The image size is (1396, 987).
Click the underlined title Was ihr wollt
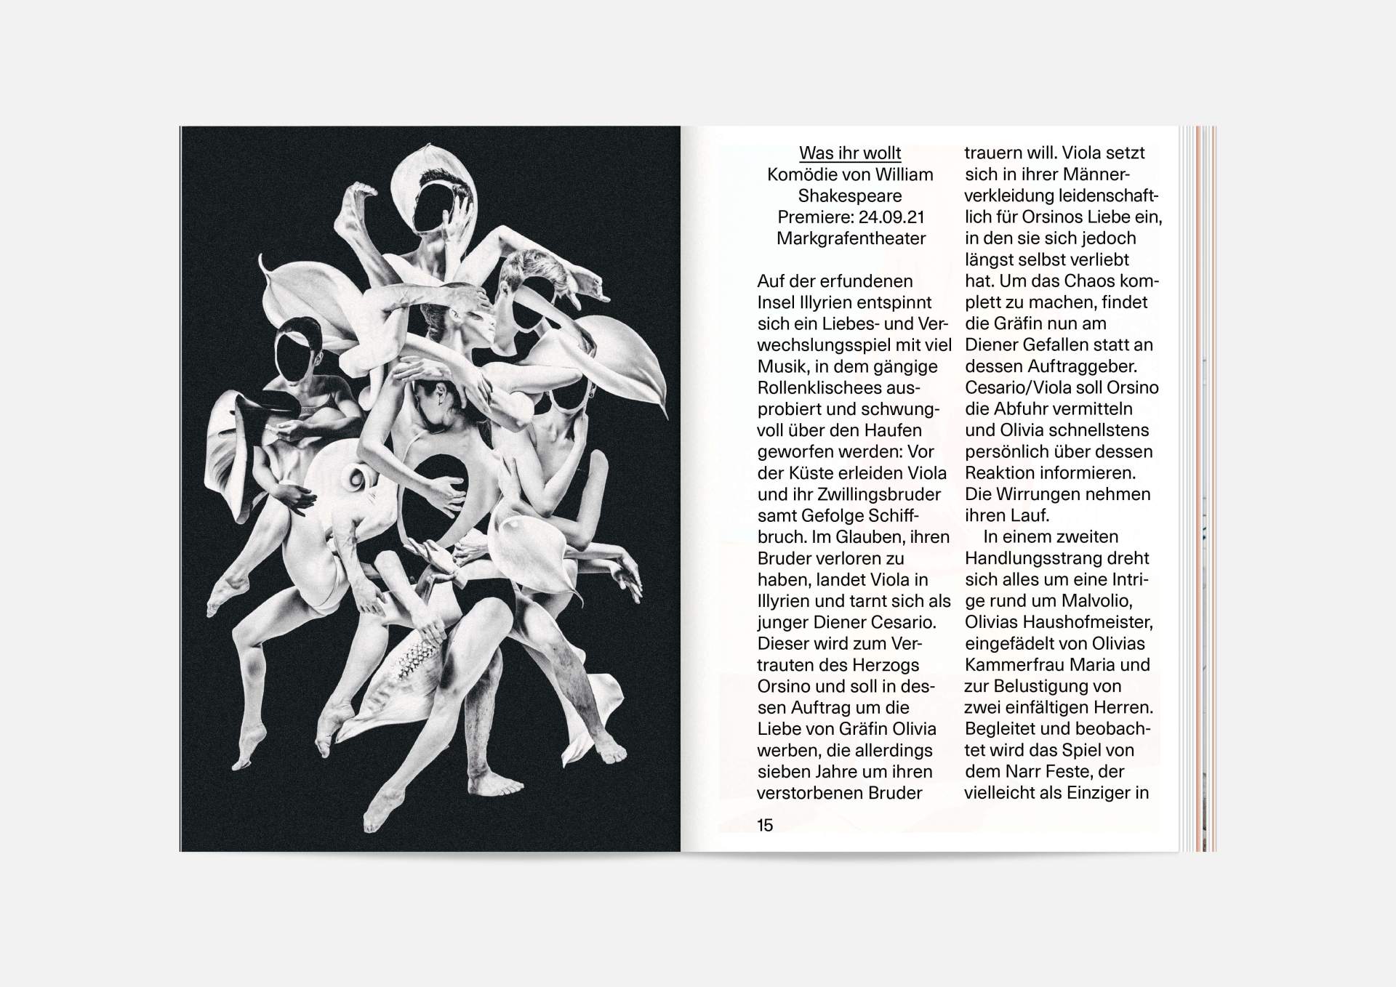pos(850,153)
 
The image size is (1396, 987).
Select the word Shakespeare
pos(850,196)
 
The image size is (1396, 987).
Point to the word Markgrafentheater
pos(851,238)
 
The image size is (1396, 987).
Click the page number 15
pos(765,825)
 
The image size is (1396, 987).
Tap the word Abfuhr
pos(1026,409)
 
